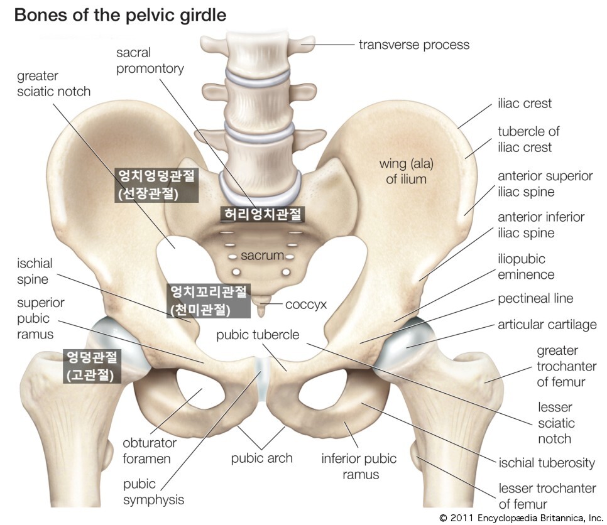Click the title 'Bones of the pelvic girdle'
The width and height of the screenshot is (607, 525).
[x=119, y=15]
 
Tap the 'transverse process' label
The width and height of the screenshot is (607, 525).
[x=414, y=45]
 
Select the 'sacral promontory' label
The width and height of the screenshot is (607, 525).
[x=150, y=60]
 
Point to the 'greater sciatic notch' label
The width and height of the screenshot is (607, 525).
[x=53, y=84]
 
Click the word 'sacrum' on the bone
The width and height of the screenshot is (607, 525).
[x=262, y=256]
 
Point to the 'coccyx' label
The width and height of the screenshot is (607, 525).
[x=306, y=305]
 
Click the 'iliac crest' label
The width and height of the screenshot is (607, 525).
[x=525, y=104]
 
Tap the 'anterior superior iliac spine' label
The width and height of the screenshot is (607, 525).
[x=544, y=184]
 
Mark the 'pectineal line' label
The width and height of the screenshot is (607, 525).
[x=535, y=298]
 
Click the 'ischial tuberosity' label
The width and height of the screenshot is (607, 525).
[x=546, y=463]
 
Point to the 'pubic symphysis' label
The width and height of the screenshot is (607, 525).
[x=153, y=492]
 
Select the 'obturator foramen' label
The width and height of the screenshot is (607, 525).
[x=149, y=450]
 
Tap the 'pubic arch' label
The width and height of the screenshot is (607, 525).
[x=261, y=458]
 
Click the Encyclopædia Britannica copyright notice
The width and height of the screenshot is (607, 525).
[x=521, y=518]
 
